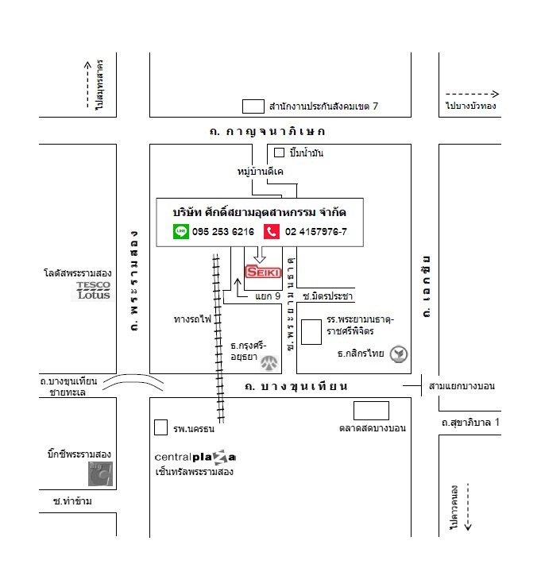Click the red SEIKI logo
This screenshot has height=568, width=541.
263,272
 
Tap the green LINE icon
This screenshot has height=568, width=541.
180,231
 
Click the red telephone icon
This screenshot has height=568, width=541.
272,231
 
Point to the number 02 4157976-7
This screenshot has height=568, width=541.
315,232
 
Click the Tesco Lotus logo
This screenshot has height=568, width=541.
94,291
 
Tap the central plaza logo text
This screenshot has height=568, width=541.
195,458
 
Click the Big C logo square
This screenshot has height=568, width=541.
100,474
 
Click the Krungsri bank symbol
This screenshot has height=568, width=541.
272,364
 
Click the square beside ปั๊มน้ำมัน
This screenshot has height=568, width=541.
279,153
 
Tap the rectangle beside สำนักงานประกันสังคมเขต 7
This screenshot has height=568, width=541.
253,106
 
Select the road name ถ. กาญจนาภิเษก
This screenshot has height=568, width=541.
262,131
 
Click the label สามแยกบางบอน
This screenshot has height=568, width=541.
462,386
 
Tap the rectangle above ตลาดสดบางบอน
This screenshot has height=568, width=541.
371,411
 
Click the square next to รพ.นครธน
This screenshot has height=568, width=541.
161,427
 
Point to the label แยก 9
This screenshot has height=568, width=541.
269,296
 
